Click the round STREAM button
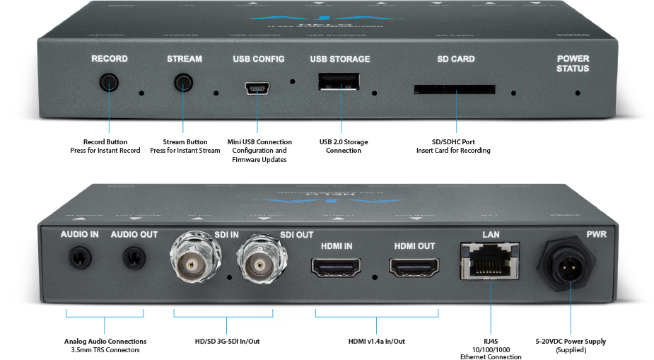tap(184, 83)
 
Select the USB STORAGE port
tap(339, 83)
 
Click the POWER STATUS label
tap(573, 64)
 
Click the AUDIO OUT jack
tap(134, 258)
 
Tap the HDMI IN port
tap(336, 267)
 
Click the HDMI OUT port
tap(414, 267)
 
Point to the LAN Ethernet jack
tap(489, 260)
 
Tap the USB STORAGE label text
tap(339, 59)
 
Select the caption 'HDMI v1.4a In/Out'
tap(376, 342)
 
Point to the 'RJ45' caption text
tap(490, 342)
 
